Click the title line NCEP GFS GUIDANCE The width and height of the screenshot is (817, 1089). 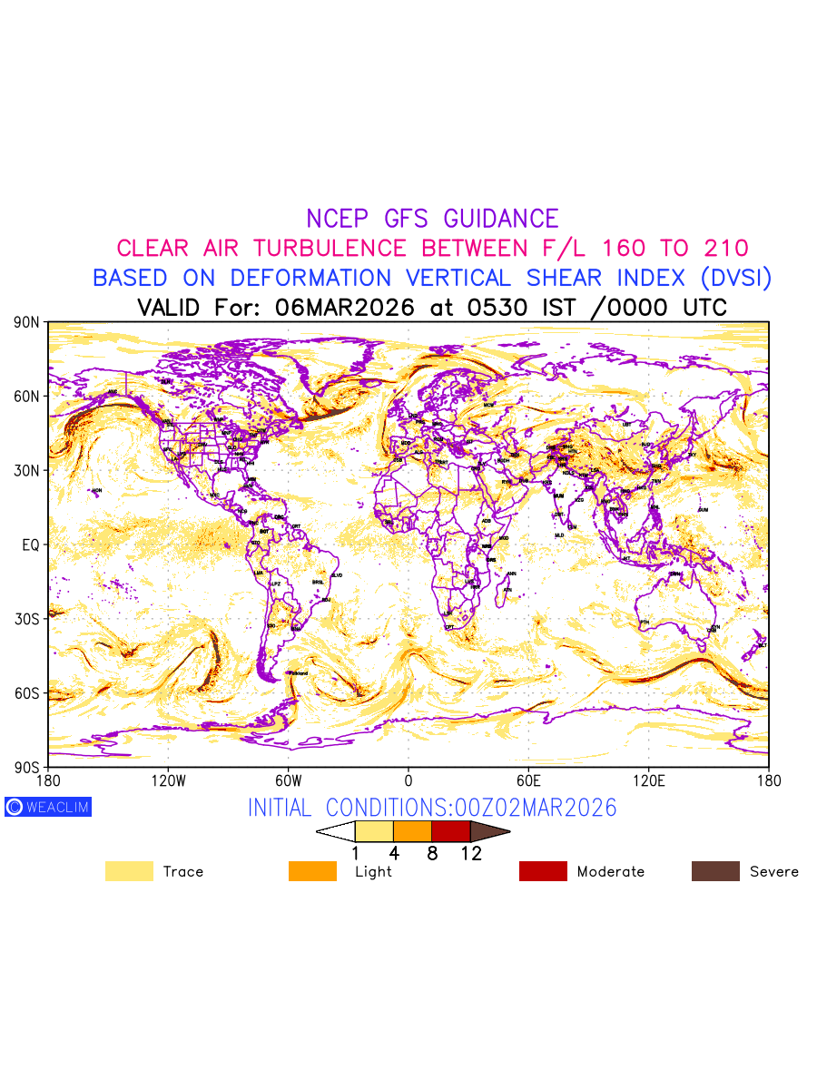[432, 219]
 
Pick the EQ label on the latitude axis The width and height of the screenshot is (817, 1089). [30, 544]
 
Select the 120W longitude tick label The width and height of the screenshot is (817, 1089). [168, 780]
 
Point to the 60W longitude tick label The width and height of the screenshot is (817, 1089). [288, 780]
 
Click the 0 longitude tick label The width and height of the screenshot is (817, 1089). [408, 780]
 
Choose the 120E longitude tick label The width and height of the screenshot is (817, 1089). [648, 780]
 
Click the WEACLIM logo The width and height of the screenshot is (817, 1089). [48, 807]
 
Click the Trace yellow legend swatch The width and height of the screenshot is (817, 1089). [129, 871]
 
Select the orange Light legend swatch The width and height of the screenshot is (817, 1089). [312, 871]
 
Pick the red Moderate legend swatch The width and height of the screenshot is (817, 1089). [543, 871]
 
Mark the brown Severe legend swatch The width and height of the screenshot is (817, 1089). [715, 871]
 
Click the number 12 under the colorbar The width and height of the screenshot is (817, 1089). [470, 853]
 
